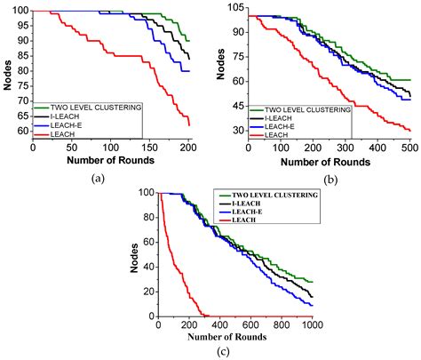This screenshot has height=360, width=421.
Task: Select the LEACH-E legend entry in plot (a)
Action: pyautogui.click(x=68, y=126)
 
